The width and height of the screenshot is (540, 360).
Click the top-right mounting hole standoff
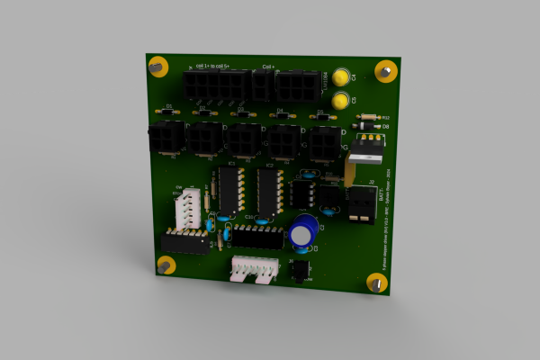[x=386, y=70]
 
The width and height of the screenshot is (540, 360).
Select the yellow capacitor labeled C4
[x=341, y=78]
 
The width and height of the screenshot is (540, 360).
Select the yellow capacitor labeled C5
[x=340, y=101]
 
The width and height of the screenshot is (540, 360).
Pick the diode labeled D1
[x=168, y=112]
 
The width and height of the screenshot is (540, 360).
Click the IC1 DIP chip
[x=230, y=189]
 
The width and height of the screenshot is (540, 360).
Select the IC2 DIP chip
[x=267, y=191]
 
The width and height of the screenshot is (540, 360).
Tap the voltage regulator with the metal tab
[x=364, y=148]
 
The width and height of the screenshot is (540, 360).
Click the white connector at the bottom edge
[x=254, y=268]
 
